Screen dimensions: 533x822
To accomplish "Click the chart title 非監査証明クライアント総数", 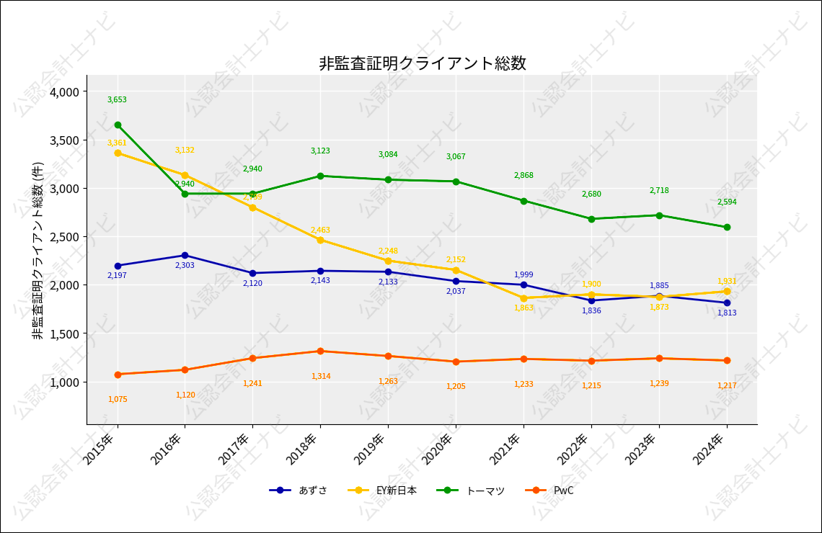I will click(x=423, y=63).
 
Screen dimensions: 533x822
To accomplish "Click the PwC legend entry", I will click(x=563, y=491).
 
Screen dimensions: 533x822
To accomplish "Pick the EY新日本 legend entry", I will click(x=396, y=491).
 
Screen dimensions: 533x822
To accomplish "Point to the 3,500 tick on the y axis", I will click(x=64, y=140).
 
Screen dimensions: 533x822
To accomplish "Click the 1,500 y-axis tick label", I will click(x=64, y=333).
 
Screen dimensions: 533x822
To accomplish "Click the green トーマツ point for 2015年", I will click(x=118, y=125).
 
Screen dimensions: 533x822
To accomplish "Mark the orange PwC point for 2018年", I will click(x=320, y=351).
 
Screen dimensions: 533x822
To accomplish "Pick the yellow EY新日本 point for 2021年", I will click(x=523, y=298).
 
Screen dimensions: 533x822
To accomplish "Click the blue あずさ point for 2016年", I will click(x=185, y=255).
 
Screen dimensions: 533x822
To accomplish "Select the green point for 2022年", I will click(x=591, y=219).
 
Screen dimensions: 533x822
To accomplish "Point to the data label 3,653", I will click(x=117, y=100).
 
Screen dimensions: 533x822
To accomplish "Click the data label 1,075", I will click(x=118, y=399).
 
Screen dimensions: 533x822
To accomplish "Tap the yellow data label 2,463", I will click(x=320, y=230).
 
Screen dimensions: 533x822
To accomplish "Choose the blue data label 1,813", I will click(x=727, y=313).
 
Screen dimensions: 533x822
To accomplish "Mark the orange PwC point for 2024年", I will click(x=727, y=360).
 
